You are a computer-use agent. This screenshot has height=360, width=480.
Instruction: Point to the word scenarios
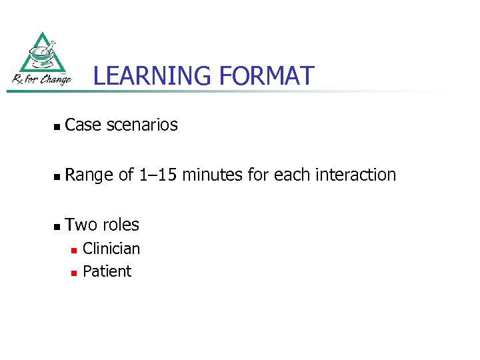141,125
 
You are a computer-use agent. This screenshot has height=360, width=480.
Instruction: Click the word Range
89,175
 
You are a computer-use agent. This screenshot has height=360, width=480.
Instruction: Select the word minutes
213,175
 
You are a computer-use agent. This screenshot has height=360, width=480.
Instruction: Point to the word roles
121,225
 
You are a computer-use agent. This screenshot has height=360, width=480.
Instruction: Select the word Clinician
111,249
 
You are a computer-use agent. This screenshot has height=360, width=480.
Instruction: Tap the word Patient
107,271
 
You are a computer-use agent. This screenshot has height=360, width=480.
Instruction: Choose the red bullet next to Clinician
75,250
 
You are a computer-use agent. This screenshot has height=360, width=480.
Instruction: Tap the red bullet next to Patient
75,273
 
